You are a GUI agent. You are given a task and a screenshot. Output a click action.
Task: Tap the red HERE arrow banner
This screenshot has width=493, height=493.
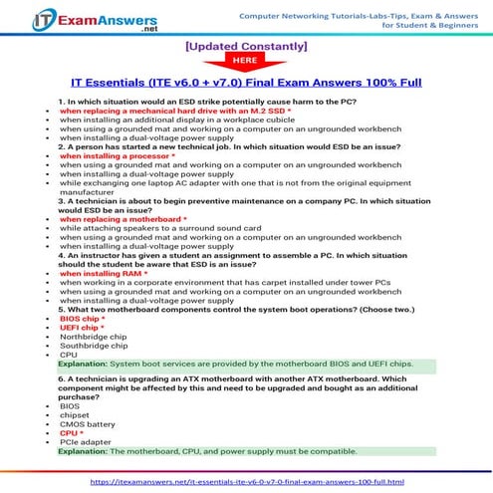(x=246, y=61)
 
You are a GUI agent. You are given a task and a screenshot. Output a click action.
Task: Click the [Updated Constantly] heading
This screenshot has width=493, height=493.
(x=246, y=46)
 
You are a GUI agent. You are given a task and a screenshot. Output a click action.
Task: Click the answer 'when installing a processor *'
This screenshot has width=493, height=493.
(x=117, y=156)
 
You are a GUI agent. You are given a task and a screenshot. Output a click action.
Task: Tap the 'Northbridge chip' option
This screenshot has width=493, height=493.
(x=94, y=337)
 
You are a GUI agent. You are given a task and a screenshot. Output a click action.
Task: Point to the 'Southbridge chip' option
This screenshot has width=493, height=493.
(x=95, y=346)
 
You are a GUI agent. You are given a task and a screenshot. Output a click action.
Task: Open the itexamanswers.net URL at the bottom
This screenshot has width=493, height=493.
(x=246, y=481)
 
